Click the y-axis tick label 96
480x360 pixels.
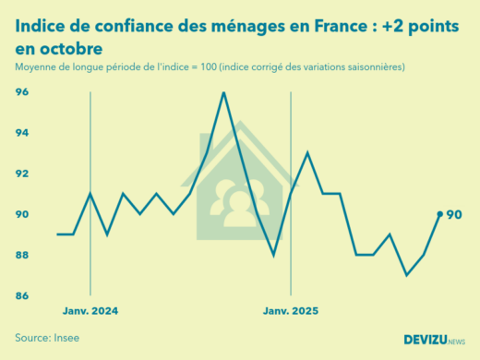pos(22,92)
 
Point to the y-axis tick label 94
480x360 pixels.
pos(22,133)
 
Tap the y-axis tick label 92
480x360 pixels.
pos(22,174)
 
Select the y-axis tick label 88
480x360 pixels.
pos(22,255)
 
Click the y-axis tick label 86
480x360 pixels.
pos(22,295)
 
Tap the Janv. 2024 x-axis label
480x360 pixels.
pos(90,312)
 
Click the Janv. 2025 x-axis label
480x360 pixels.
pos(291,312)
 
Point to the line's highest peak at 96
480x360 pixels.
pos(223,92)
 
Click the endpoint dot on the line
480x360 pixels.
pos(439,214)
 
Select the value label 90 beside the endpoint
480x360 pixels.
pos(454,215)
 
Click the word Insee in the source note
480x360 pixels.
pos(65,338)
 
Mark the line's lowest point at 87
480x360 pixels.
pos(406,275)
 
